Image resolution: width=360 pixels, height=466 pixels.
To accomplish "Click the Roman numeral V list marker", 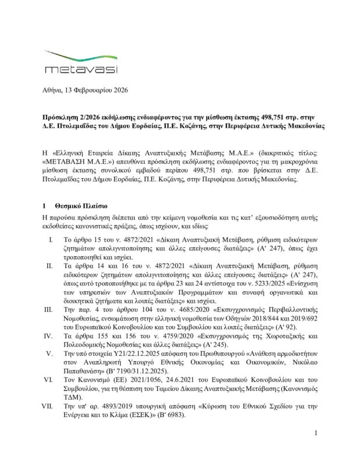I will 50,356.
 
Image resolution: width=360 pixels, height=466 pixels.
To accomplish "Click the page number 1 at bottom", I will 314,450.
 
